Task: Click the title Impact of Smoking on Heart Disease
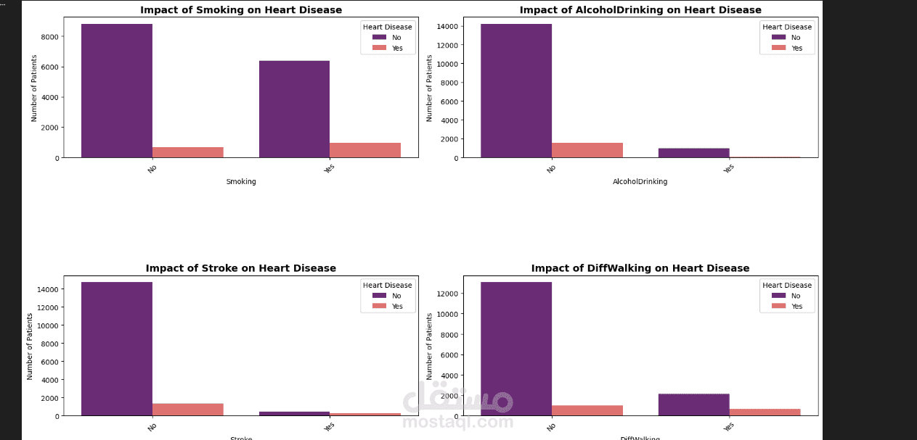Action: (241, 10)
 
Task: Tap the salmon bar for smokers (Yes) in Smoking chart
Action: (365, 150)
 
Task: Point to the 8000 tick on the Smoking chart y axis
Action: (50, 37)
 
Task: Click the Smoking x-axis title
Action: (241, 182)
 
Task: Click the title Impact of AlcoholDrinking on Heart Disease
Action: (640, 10)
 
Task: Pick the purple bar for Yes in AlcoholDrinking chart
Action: (693, 153)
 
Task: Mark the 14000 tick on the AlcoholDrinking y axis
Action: (447, 26)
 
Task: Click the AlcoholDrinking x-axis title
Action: (640, 182)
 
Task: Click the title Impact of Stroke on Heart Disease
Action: (241, 268)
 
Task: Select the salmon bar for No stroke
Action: (187, 410)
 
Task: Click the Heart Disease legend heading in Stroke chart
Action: (388, 286)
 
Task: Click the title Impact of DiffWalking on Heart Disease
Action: (640, 268)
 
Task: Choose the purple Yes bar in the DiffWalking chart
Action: (693, 404)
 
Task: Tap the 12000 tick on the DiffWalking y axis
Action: (447, 294)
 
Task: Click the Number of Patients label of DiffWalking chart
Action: (430, 346)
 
